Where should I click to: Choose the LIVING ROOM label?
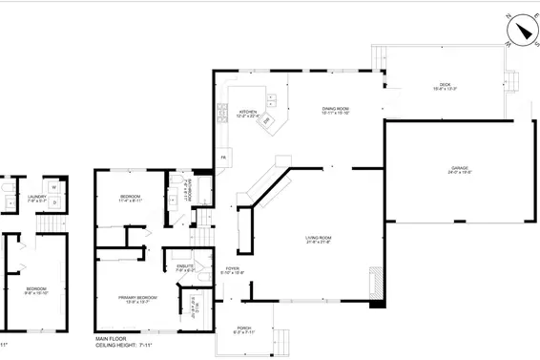(x=318, y=239)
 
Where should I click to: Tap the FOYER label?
(x=233, y=269)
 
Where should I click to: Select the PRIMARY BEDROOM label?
(x=137, y=298)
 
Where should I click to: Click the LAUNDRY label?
(x=37, y=198)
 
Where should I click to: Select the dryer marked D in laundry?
(x=55, y=201)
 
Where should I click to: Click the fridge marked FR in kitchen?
(x=222, y=157)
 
